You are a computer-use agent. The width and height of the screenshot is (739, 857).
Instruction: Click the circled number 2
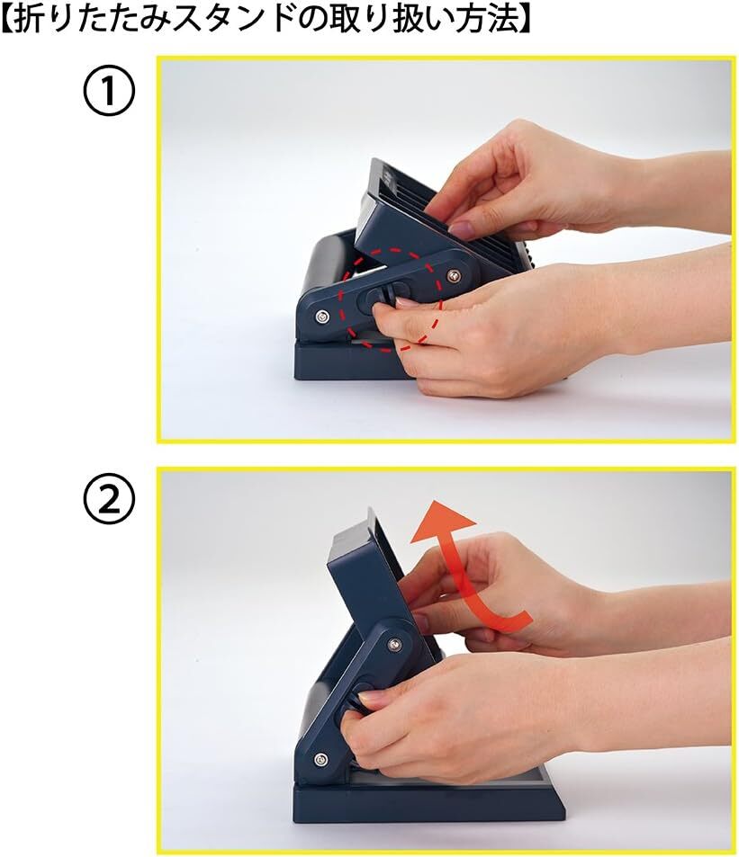point(109,501)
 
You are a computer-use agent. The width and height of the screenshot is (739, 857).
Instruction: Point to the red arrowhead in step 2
point(442,522)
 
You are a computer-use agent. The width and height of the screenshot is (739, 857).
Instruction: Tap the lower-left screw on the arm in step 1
point(323,316)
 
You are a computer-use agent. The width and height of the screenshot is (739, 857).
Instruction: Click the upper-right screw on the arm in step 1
point(452,273)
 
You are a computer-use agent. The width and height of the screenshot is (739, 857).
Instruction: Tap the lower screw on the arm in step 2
point(320,759)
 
